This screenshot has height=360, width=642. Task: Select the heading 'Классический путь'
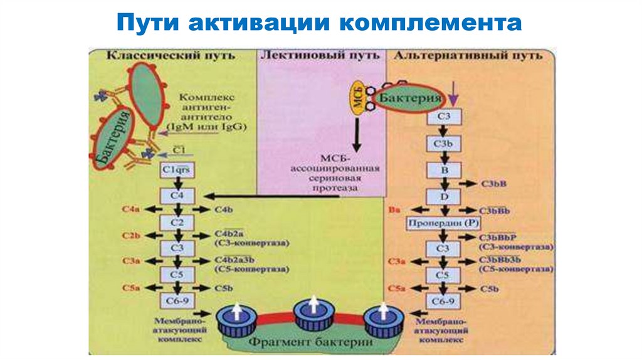(171, 55)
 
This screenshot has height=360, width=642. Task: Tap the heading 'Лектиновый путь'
(320, 55)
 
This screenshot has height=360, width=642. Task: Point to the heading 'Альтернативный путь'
(466, 55)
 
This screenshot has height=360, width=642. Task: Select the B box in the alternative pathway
(443, 170)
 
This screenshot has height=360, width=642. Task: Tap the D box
(443, 196)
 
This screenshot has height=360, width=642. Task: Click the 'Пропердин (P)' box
(443, 223)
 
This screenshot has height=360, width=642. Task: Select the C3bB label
(493, 184)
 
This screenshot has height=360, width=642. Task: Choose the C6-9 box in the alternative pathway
(443, 300)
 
